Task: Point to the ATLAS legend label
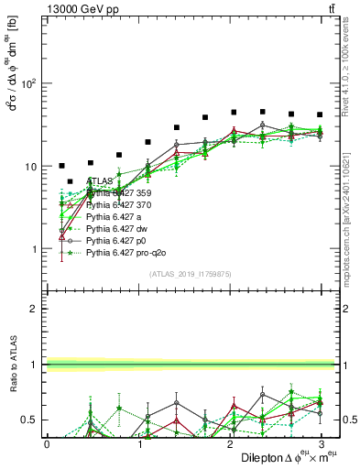coord(102,181)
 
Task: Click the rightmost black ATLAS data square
coord(320,115)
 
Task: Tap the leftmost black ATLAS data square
coord(61,166)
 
